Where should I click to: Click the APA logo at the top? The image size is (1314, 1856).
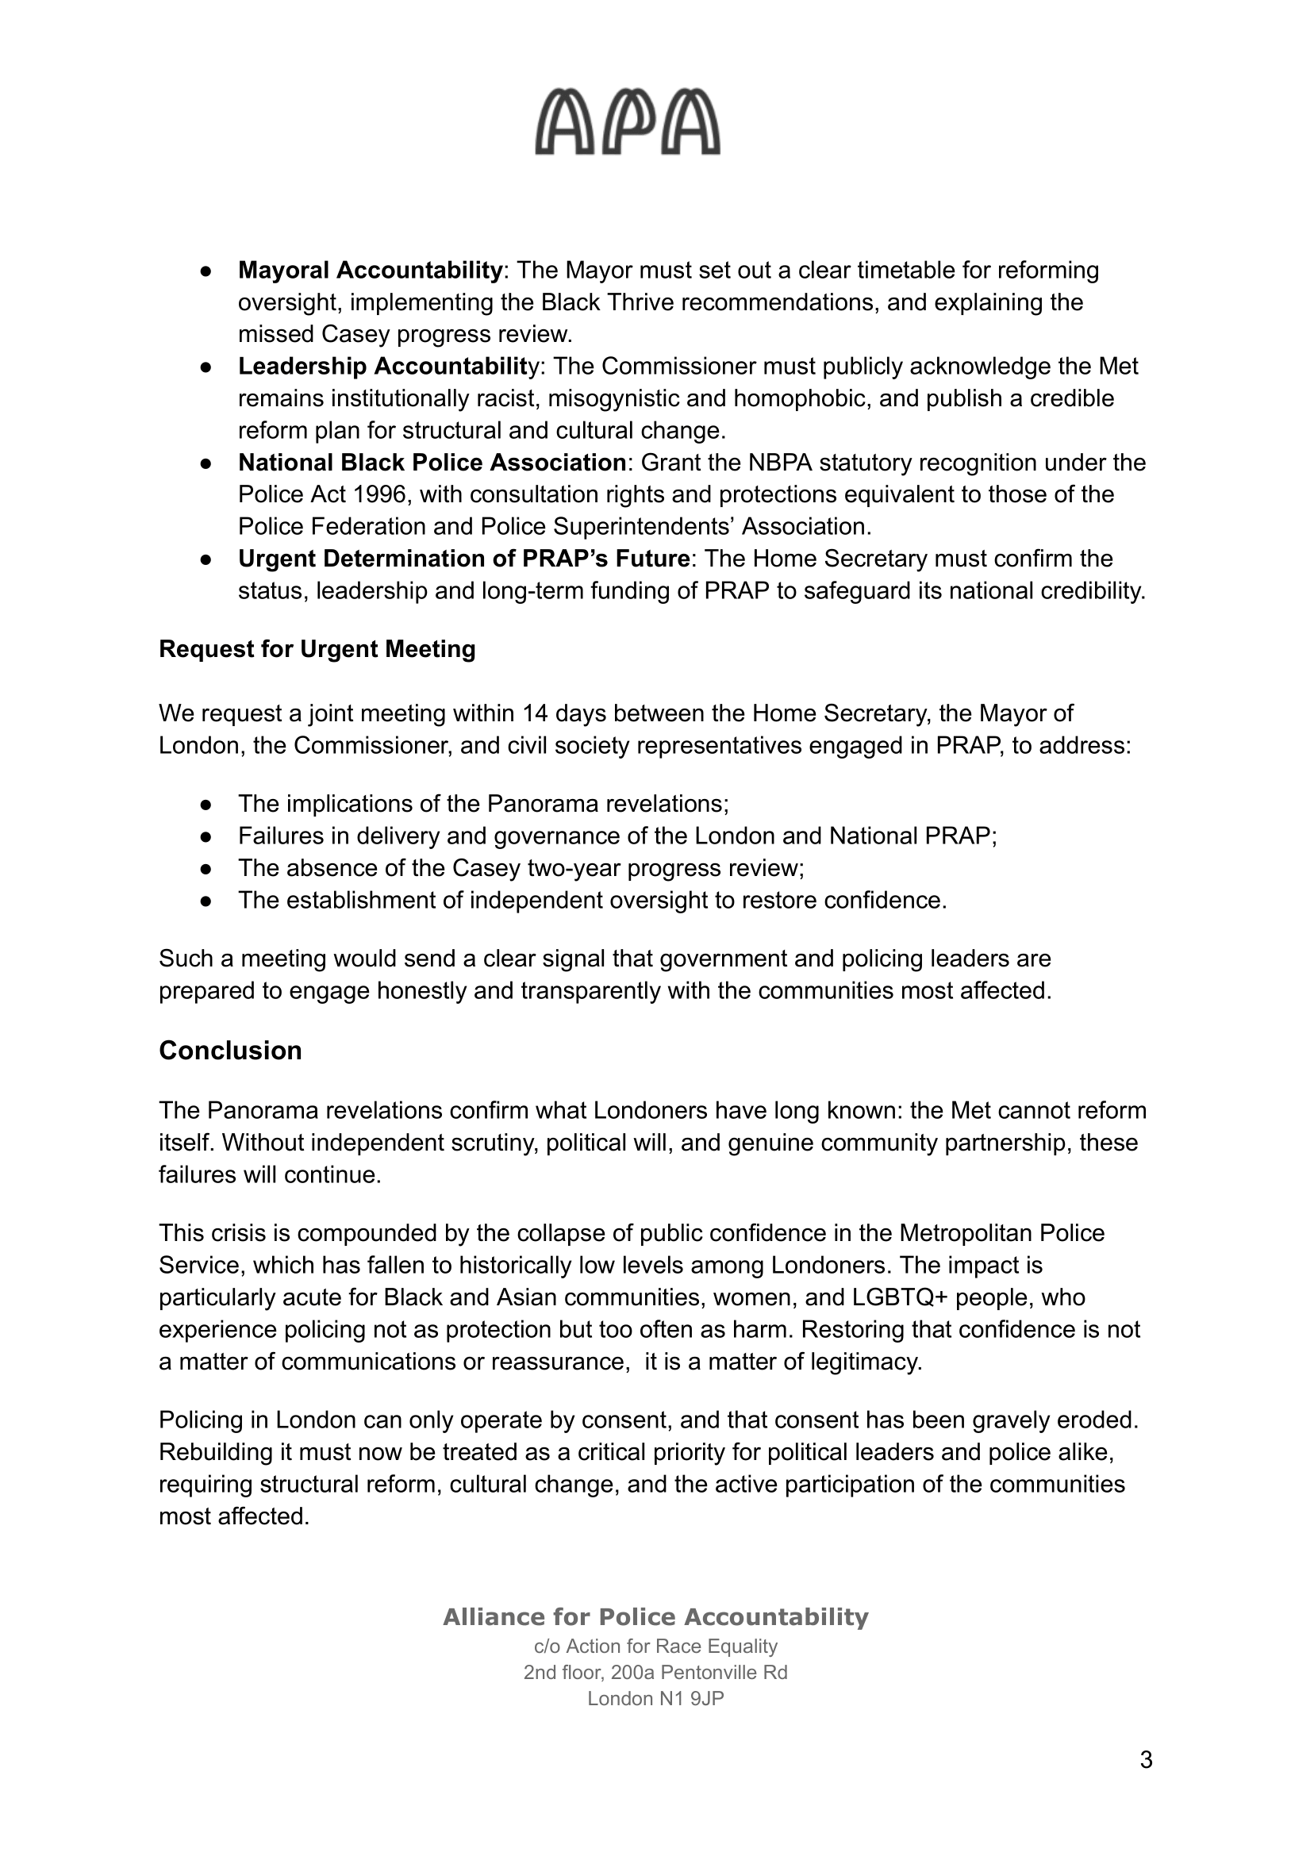[627, 123]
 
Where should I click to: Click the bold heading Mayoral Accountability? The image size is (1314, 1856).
[370, 271]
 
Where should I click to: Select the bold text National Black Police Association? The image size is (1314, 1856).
[432, 463]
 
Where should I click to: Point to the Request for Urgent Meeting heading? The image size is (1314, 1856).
[317, 649]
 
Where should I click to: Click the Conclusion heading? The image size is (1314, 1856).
[231, 1050]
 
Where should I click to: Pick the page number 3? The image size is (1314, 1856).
[1146, 1782]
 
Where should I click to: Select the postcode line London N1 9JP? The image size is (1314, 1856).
[655, 1698]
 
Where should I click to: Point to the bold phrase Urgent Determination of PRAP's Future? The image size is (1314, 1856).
[463, 559]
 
